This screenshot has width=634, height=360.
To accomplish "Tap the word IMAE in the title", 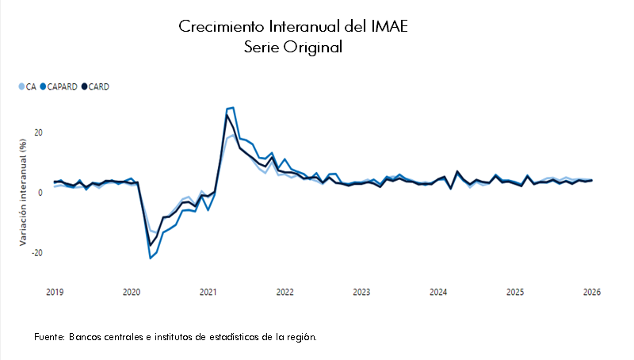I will (x=389, y=27).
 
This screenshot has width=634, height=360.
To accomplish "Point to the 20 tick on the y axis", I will (x=37, y=132).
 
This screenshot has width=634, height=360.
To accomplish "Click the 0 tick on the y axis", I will (x=40, y=193).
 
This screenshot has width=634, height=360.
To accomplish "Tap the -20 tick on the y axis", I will (x=36, y=253).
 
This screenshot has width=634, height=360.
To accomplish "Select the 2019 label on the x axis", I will (x=55, y=292).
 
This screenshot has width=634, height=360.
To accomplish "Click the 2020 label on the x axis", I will (x=132, y=292).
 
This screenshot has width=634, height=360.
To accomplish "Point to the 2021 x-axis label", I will (x=208, y=292).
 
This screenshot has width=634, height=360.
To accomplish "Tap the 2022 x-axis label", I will (x=285, y=292).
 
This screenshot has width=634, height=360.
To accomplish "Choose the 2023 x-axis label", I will (x=361, y=292).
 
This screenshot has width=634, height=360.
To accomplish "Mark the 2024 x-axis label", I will (x=438, y=292).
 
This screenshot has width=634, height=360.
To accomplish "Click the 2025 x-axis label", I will (x=514, y=292).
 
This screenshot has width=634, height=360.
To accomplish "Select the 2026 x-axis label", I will (x=591, y=292).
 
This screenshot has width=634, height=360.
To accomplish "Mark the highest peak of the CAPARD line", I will (x=233, y=108).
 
